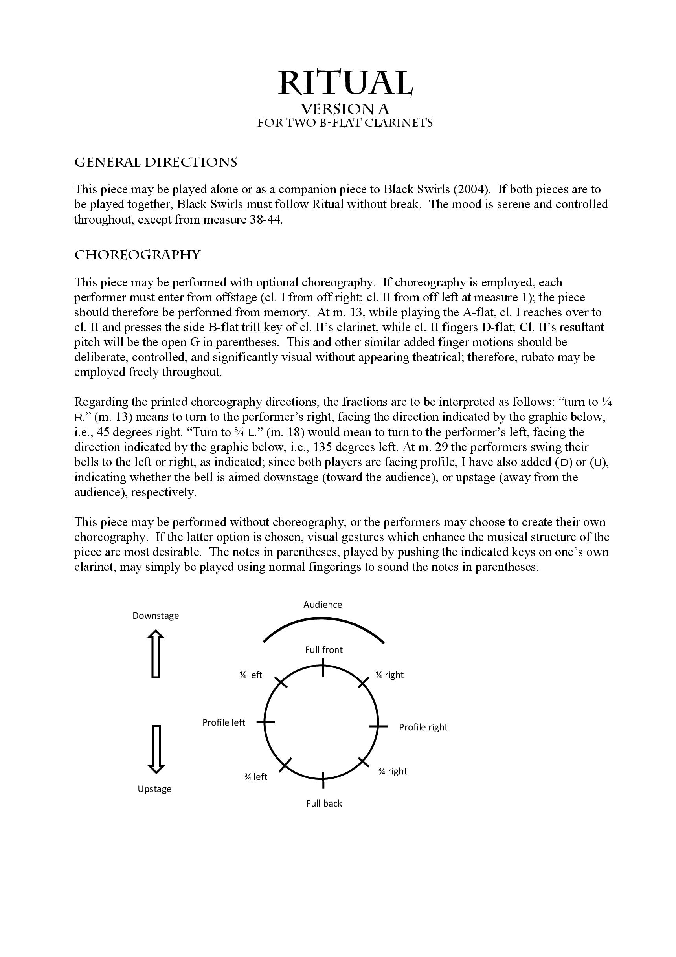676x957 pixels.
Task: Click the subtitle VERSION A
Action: point(345,109)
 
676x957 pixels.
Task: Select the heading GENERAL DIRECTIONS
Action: point(156,162)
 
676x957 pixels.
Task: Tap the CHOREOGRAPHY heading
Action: point(137,255)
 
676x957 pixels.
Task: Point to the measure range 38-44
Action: point(266,220)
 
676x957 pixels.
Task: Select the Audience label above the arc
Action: point(322,605)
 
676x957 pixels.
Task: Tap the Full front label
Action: point(323,650)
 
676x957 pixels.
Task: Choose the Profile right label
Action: point(423,727)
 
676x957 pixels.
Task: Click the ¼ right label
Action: point(389,675)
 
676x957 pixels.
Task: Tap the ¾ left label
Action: point(255,777)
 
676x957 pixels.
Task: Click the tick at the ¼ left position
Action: point(281,682)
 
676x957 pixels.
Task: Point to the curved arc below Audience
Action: point(323,620)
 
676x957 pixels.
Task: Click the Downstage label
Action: point(156,616)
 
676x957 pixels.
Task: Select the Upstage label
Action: point(154,789)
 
